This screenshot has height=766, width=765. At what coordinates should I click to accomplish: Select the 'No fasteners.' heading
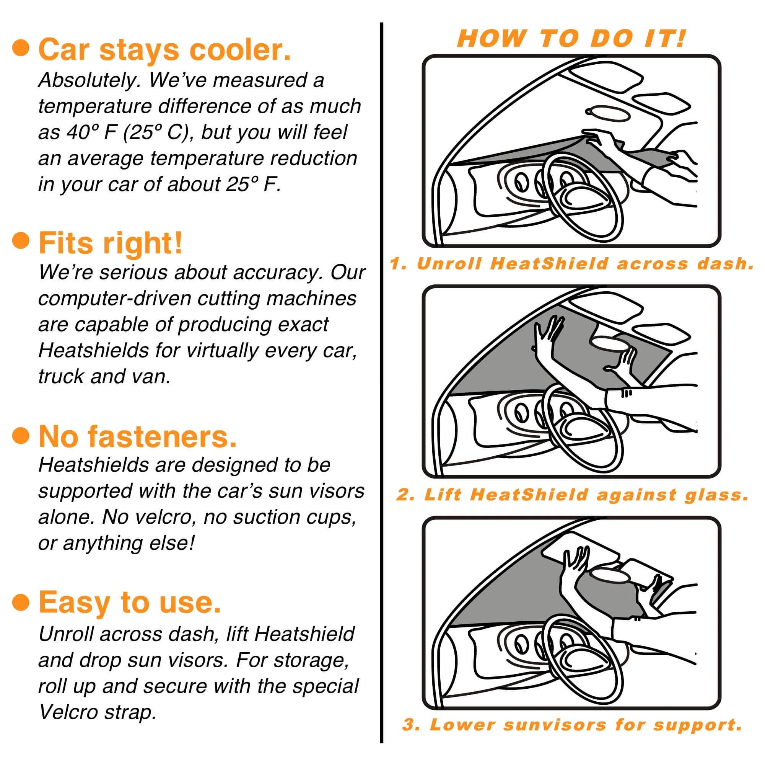click(x=137, y=436)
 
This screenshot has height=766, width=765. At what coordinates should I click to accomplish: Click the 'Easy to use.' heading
click(x=130, y=601)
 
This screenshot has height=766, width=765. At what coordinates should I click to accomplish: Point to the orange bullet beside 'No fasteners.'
click(x=21, y=435)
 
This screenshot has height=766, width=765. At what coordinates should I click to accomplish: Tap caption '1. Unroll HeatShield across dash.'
click(x=572, y=264)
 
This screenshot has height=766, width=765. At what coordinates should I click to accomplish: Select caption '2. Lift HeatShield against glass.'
click(x=573, y=495)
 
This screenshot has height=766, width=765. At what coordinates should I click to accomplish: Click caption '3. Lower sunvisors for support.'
click(x=572, y=725)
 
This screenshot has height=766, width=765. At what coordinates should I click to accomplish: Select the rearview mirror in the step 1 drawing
click(x=607, y=114)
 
